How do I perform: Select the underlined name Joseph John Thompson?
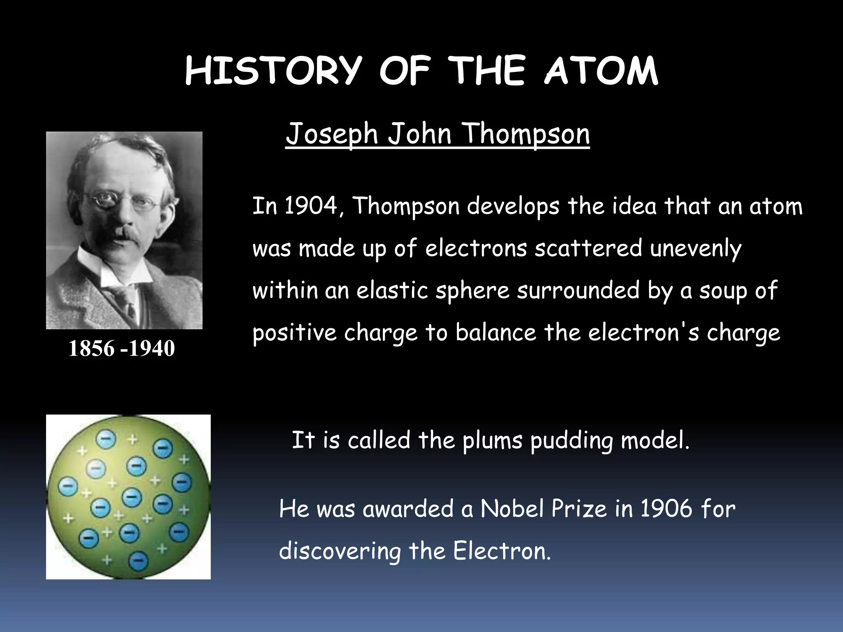[x=438, y=134]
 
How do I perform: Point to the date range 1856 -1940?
[x=121, y=348]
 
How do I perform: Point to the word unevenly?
[x=696, y=249]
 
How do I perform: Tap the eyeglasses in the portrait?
[x=123, y=202]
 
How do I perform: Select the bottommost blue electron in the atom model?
[x=138, y=560]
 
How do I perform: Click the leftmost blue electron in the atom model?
[x=68, y=487]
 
